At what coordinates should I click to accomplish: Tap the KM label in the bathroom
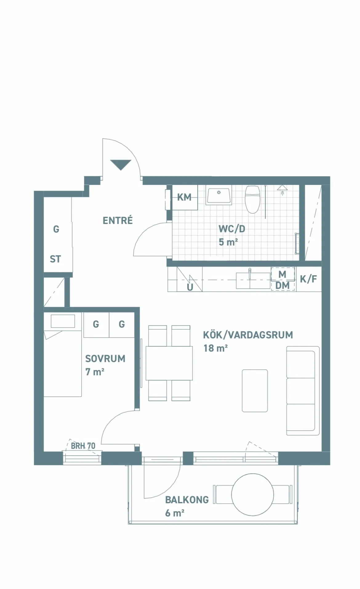pyautogui.click(x=184, y=197)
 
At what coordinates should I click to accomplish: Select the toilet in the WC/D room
pyautogui.click(x=252, y=199)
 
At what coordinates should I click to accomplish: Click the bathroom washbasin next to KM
pyautogui.click(x=219, y=196)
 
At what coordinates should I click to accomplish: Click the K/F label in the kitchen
pyautogui.click(x=308, y=279)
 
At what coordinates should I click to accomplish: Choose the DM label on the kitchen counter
pyautogui.click(x=282, y=286)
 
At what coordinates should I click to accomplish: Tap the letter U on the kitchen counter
pyautogui.click(x=190, y=287)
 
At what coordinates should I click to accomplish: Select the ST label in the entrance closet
pyautogui.click(x=55, y=259)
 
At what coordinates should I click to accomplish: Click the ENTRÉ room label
pyautogui.click(x=118, y=221)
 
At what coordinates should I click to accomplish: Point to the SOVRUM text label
pyautogui.click(x=105, y=359)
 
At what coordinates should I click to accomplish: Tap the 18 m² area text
pyautogui.click(x=215, y=348)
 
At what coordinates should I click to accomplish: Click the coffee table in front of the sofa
pyautogui.click(x=255, y=391)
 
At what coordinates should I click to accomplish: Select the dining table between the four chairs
pyautogui.click(x=169, y=363)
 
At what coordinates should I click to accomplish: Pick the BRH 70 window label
pyautogui.click(x=83, y=446)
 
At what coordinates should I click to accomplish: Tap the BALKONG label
pyautogui.click(x=187, y=500)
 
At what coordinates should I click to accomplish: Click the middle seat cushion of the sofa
pyautogui.click(x=301, y=391)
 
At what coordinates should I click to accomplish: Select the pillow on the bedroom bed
pyautogui.click(x=63, y=321)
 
